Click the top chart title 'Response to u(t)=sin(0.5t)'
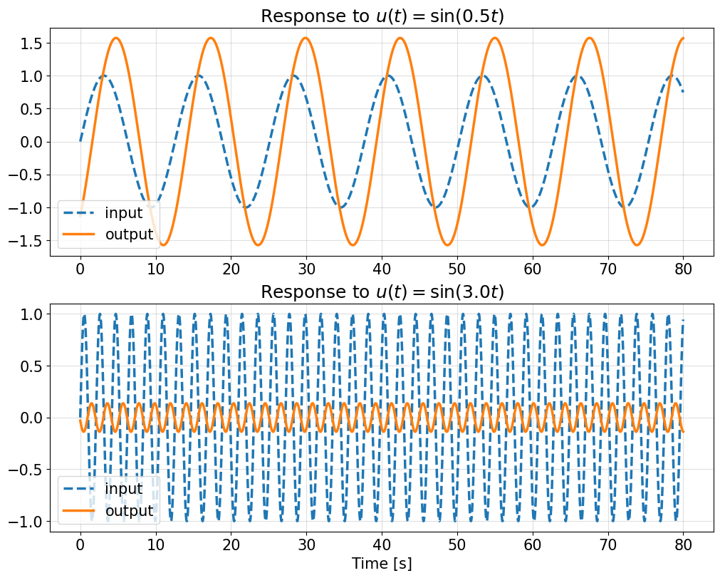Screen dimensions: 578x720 pyautogui.click(x=382, y=16)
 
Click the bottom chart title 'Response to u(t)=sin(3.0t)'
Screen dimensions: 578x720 pyautogui.click(x=382, y=292)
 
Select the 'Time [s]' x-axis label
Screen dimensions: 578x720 pyautogui.click(x=382, y=563)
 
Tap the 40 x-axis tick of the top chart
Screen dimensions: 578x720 pyautogui.click(x=382, y=270)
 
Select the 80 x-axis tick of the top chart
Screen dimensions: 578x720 pyautogui.click(x=684, y=270)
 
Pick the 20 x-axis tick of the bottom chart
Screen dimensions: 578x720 pyautogui.click(x=231, y=546)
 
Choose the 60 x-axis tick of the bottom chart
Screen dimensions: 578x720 pyautogui.click(x=533, y=546)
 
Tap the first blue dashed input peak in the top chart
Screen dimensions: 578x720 pyautogui.click(x=104, y=76)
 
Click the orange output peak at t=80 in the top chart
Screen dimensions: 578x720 pyautogui.click(x=683, y=38)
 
